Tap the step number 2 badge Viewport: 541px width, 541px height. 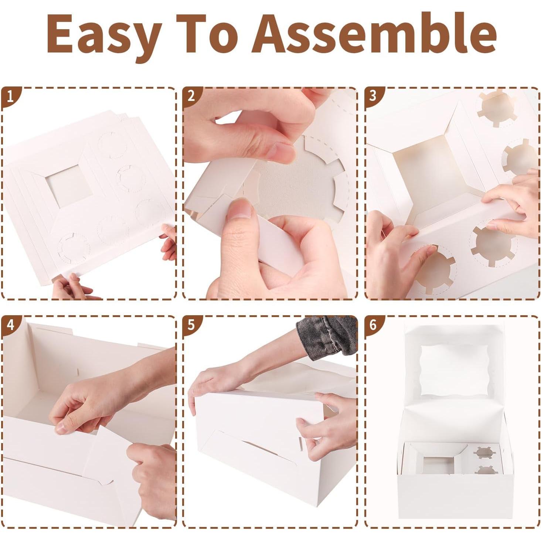coord(191,96)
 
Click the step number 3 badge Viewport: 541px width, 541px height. coord(372,96)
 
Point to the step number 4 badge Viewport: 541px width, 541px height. coord(10,325)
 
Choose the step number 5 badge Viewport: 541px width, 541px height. coord(191,325)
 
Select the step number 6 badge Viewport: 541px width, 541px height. coord(372,325)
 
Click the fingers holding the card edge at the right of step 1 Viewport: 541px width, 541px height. coord(169,242)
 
